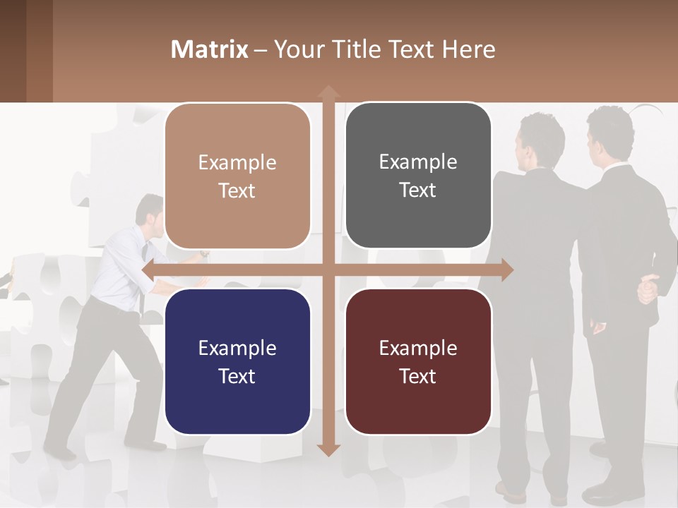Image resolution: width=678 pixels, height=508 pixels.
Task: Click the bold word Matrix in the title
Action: point(210,49)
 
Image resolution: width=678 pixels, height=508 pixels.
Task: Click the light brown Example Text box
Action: point(237,176)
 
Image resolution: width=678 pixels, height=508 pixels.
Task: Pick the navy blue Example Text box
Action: point(237,361)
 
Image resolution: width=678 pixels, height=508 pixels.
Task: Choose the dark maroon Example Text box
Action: point(418,361)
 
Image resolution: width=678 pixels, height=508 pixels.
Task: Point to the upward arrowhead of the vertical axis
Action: point(328,92)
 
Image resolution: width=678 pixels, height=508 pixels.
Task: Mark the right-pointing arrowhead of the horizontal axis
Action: point(506,270)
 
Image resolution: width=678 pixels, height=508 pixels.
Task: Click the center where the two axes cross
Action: point(328,270)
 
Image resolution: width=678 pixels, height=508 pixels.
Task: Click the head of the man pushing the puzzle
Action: point(150,212)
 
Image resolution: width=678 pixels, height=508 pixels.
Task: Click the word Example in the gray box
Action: point(418,162)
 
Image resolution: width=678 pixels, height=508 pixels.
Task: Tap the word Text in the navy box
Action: point(237,376)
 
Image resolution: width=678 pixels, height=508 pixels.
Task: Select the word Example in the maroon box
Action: point(418,348)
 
